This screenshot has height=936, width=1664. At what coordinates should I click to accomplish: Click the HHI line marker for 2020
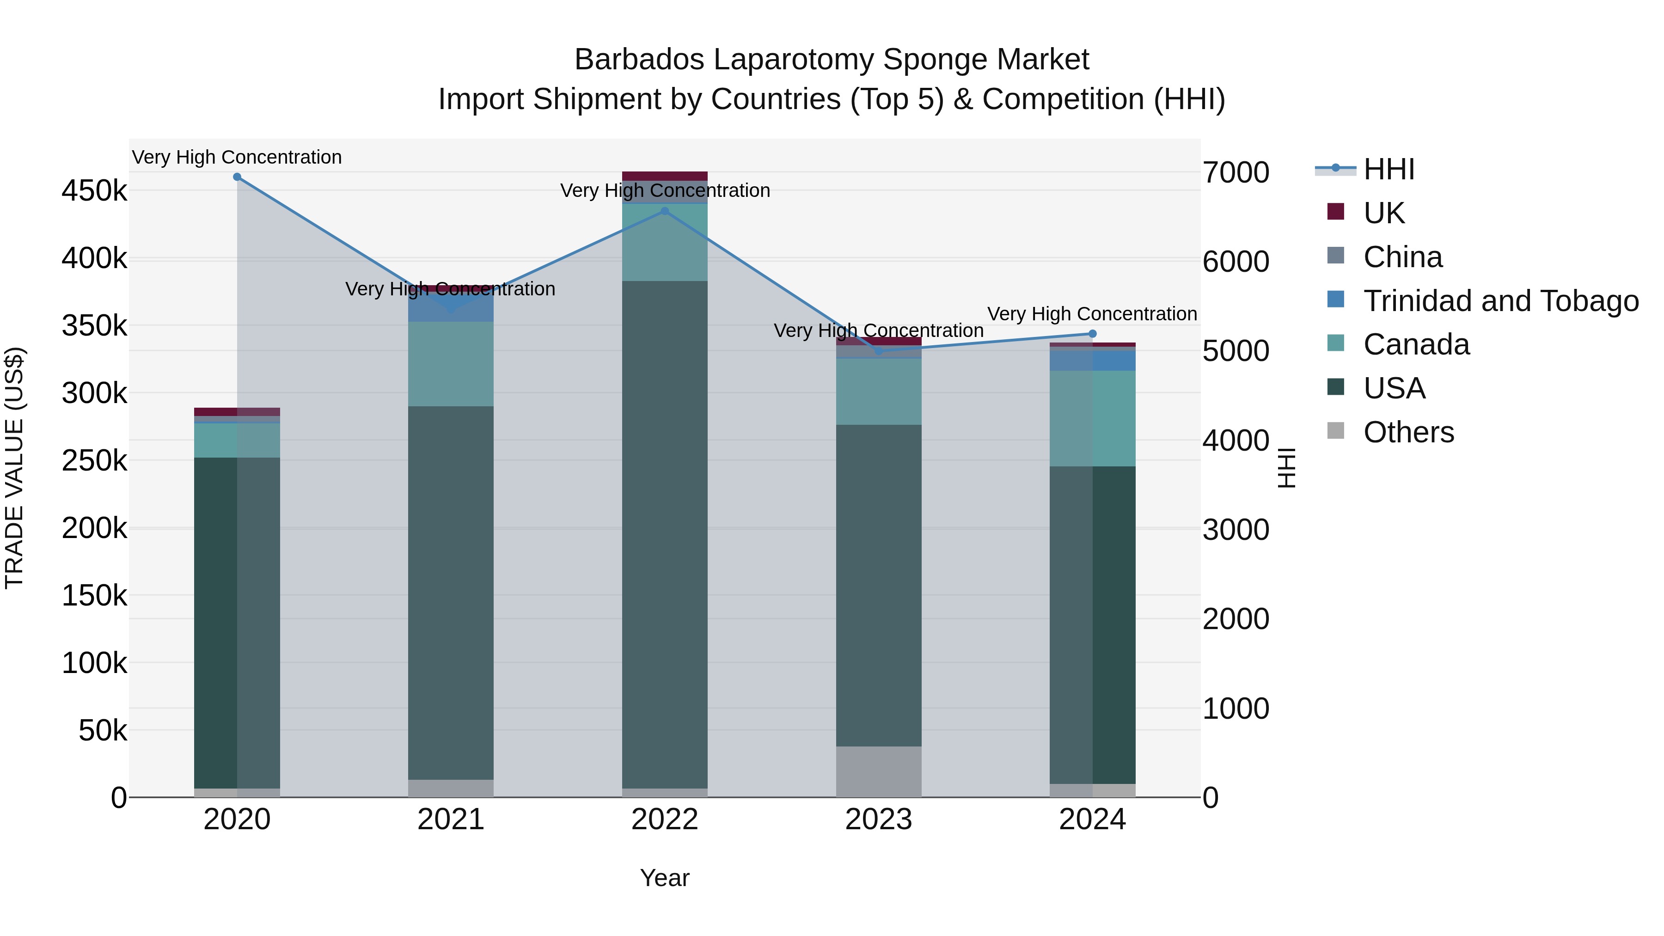coord(237,177)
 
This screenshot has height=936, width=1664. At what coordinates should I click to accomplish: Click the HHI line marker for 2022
coord(665,211)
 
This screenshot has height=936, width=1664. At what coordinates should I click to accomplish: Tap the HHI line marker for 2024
coord(1092,334)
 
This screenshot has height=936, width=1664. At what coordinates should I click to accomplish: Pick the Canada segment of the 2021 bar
coord(451,364)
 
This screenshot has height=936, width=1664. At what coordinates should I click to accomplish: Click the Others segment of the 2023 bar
coord(879,771)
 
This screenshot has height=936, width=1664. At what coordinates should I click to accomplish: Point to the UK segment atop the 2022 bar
coord(665,176)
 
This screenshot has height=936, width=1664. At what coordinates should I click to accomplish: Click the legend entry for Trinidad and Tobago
coord(1500,301)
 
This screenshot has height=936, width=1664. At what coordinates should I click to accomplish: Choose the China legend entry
coord(1402,257)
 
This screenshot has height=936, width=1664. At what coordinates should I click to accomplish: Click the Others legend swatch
coord(1335,431)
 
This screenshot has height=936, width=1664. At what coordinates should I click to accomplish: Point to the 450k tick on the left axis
coord(94,191)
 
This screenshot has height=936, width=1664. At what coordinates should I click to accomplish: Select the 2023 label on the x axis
coord(879,820)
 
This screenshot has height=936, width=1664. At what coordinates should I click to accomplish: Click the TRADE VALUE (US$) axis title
coord(15,468)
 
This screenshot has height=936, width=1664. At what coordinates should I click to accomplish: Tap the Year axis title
coord(665,878)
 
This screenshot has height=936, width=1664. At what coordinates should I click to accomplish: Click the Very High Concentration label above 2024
coord(1092,314)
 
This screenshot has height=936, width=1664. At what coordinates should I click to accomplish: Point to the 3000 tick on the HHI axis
coord(1236,530)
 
